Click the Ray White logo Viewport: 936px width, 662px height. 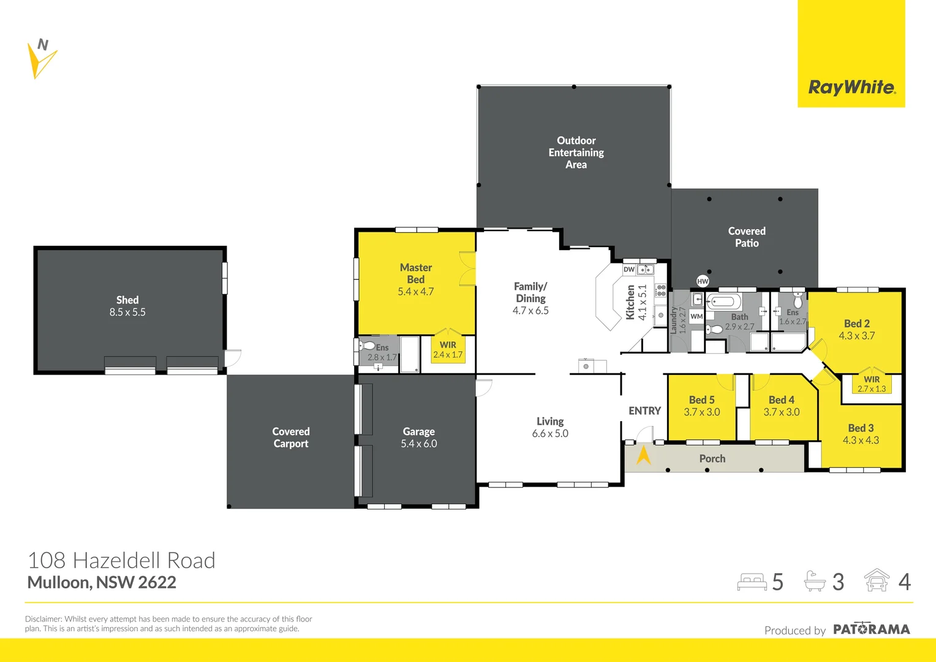(x=851, y=87)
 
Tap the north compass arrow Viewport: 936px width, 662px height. (x=40, y=60)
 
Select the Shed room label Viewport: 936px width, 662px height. (x=127, y=300)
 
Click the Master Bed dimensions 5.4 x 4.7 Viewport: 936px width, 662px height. (x=416, y=292)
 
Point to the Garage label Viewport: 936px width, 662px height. (x=419, y=432)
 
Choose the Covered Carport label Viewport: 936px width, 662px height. (x=291, y=438)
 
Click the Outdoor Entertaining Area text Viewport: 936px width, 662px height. (x=576, y=153)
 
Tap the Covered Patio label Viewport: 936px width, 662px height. (x=747, y=237)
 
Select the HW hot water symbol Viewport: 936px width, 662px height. (x=703, y=281)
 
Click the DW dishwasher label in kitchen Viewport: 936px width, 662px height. (x=629, y=270)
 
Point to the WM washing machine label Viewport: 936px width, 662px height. (x=696, y=316)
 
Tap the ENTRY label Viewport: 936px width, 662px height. (x=644, y=411)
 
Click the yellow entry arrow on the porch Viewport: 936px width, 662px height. (x=644, y=455)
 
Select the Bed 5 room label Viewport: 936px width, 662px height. (x=702, y=400)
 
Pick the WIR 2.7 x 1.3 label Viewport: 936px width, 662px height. (x=872, y=384)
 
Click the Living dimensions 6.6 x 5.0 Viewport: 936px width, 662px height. (x=550, y=433)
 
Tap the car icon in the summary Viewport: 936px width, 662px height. (x=877, y=580)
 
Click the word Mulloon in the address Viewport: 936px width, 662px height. (x=59, y=582)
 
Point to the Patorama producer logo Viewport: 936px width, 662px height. (x=871, y=630)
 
